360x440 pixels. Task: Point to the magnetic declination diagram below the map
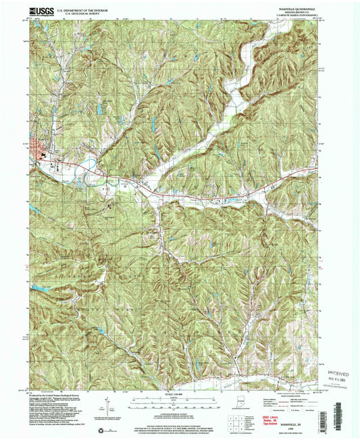click(106, 407)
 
